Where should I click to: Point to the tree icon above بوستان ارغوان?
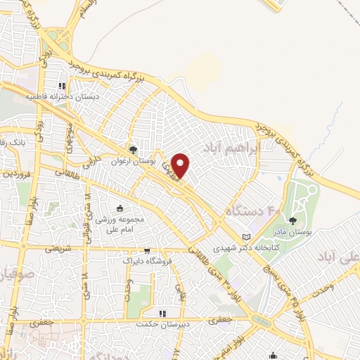133,149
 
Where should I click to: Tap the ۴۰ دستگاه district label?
253,210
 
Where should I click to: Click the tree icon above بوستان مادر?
292,221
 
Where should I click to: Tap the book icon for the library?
245,236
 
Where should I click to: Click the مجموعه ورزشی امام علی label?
120,224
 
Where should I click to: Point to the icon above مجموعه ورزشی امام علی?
120,208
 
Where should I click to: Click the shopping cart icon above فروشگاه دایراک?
147,250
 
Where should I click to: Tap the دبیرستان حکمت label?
162,324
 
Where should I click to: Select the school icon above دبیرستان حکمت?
162,314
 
